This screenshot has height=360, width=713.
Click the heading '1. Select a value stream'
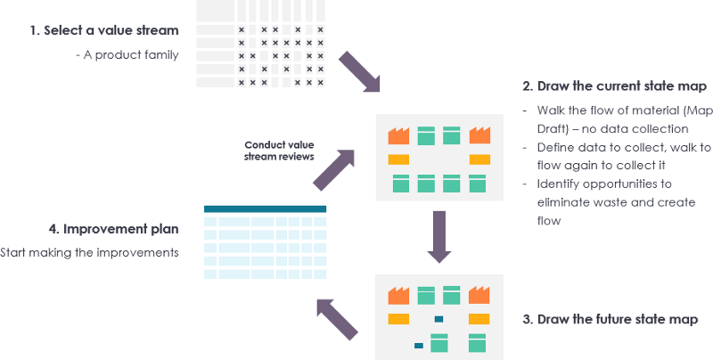coord(103,30)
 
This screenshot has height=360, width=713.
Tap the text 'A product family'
coord(127,55)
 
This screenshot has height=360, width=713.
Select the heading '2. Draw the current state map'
coord(615,86)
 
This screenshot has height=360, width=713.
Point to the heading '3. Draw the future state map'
coord(616,318)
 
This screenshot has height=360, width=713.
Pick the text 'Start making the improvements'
coord(89,252)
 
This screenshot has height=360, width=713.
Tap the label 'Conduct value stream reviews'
coord(279,151)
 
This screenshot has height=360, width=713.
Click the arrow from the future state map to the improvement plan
coord(340,317)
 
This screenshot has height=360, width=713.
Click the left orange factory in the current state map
coord(398,135)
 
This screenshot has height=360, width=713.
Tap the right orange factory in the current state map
coord(480,135)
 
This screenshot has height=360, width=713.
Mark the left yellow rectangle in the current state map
coord(398,160)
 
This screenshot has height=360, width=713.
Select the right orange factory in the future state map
coord(480,294)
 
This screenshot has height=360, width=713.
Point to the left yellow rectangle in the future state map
coord(398,319)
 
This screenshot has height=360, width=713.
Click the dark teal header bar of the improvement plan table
coord(266,209)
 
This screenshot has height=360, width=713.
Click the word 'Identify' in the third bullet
coord(558,184)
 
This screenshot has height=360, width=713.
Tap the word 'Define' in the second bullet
coord(555,147)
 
